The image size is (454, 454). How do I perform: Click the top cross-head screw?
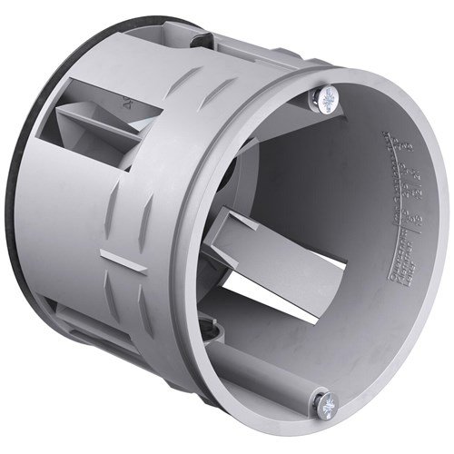click(326, 95)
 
